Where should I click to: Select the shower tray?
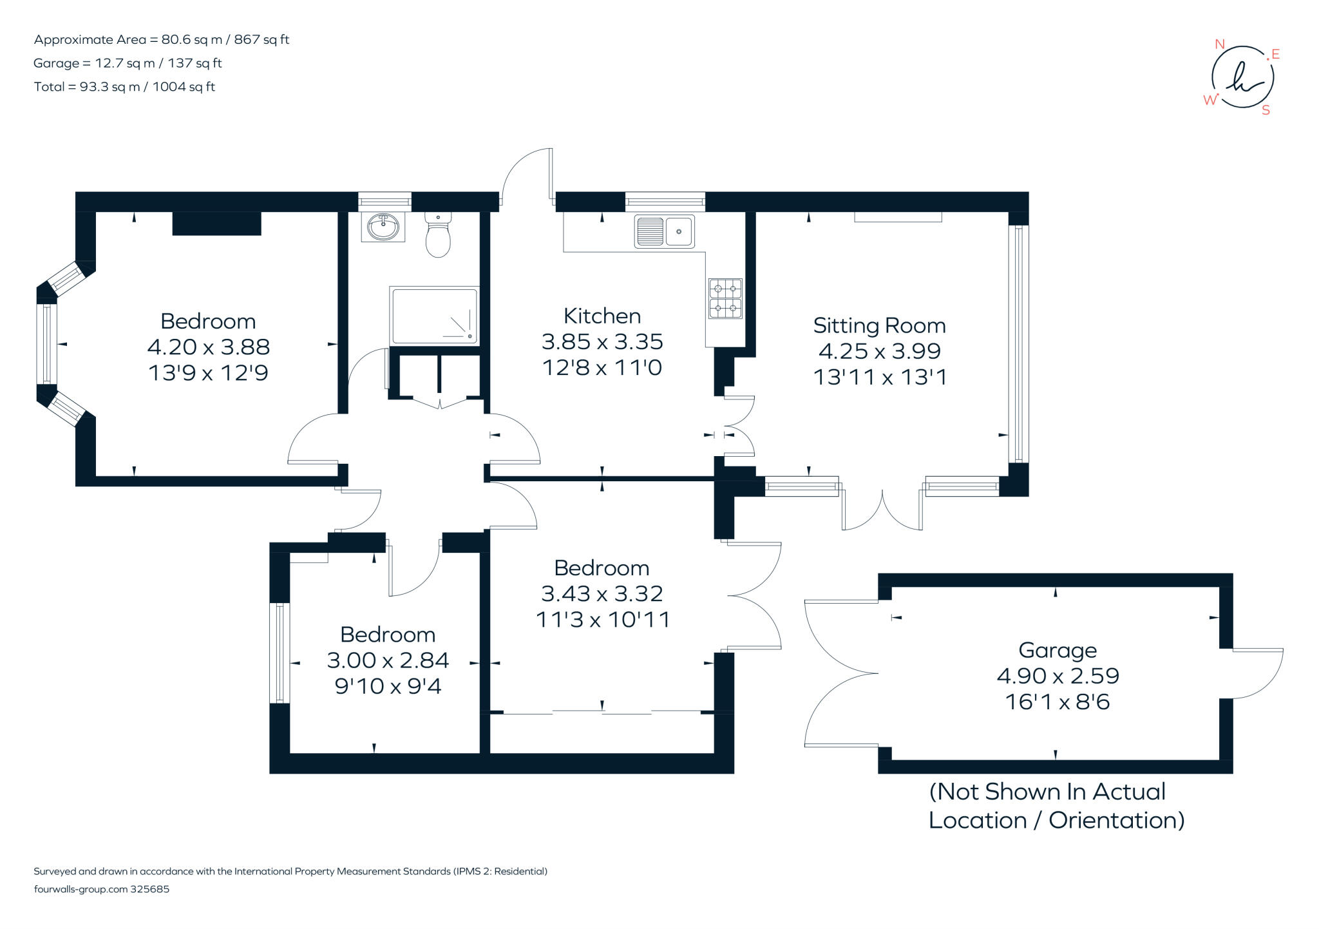pos(434,315)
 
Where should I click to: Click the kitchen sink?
pos(664,231)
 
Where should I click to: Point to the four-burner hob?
pos(725,298)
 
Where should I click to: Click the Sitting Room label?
pos(879,325)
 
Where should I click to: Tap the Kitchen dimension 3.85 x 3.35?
pos(602,341)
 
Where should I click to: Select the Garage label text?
pos(1057,650)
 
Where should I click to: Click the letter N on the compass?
pos(1219,44)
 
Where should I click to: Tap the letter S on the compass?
pos(1266,110)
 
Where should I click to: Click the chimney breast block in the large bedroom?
pos(216,223)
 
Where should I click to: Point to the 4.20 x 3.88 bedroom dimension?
pos(208,347)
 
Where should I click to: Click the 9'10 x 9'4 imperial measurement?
pos(388,686)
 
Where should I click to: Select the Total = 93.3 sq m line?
pos(124,86)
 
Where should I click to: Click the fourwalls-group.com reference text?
pos(101,889)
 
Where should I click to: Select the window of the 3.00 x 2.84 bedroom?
pos(279,652)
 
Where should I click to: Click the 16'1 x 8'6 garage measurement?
pos(1057,702)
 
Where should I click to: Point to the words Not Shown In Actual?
pos(1047,791)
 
